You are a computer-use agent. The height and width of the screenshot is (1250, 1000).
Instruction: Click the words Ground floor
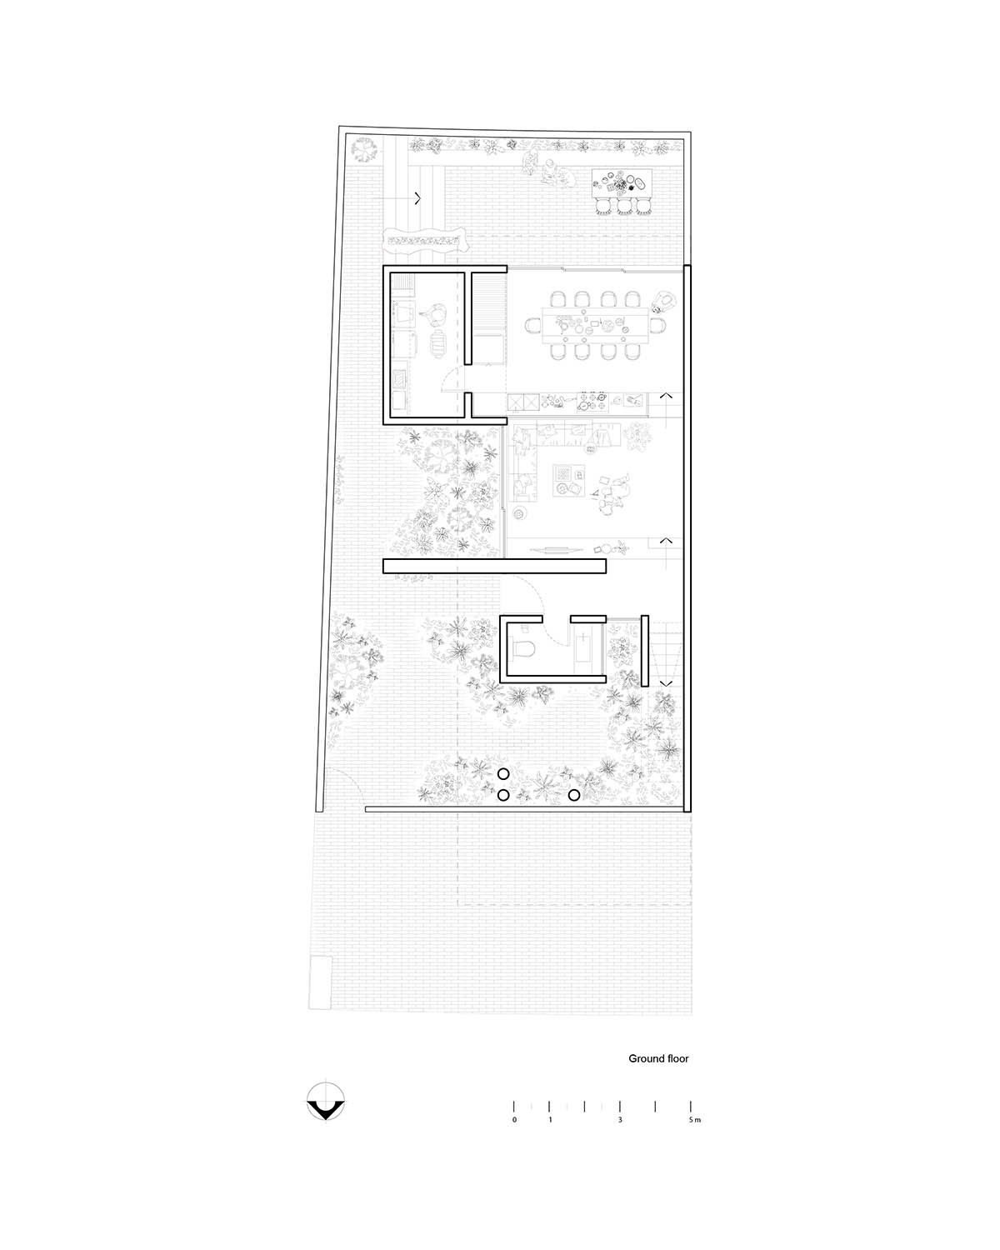pos(658,1058)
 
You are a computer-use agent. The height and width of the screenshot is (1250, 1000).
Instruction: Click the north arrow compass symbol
pos(325,1101)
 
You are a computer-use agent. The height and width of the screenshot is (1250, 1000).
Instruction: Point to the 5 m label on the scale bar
pos(694,1119)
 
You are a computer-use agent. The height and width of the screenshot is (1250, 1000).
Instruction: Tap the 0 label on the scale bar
pos(514,1119)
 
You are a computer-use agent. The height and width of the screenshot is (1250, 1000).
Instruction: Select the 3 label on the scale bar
pos(620,1119)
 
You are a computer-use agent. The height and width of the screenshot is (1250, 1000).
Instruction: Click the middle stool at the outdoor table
pos(625,207)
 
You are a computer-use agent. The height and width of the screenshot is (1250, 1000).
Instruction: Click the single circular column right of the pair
pos(573,795)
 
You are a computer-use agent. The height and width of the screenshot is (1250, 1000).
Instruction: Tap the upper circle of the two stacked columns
pos(503,774)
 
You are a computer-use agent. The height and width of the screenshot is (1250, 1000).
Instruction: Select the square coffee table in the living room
pos(568,481)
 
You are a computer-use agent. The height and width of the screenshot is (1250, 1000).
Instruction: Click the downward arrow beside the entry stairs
pos(666,683)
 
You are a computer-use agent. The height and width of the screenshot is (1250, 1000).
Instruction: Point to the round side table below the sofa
pos(518,512)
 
